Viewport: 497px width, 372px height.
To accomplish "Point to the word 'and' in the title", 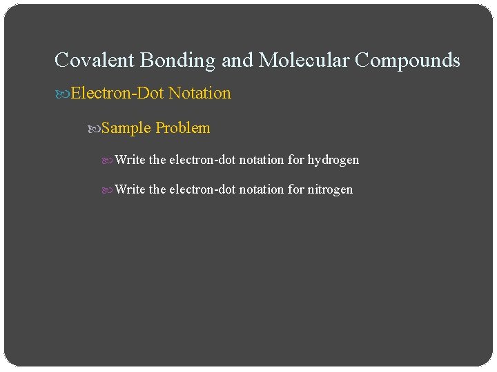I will coord(237,61).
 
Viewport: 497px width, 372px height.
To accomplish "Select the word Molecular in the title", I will coord(304,61).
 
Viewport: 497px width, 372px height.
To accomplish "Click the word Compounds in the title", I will coord(407,61).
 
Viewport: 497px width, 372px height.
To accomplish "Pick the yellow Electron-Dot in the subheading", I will coord(117,93).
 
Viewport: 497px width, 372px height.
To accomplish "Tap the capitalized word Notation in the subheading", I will coord(199,93).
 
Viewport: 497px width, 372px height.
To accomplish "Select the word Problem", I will coord(183,128).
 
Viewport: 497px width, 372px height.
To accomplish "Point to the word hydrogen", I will coord(333,160).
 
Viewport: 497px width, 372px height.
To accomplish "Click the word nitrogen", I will coord(330,189).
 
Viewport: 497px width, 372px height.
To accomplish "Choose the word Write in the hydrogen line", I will coord(130,160).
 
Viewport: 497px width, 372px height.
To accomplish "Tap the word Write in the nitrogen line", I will coord(130,189).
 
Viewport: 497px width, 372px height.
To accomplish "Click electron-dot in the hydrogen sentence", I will coord(202,160).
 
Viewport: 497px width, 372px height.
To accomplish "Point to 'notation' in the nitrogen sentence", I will coord(261,189).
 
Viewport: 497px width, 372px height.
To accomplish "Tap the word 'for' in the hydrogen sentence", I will coord(296,160).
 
